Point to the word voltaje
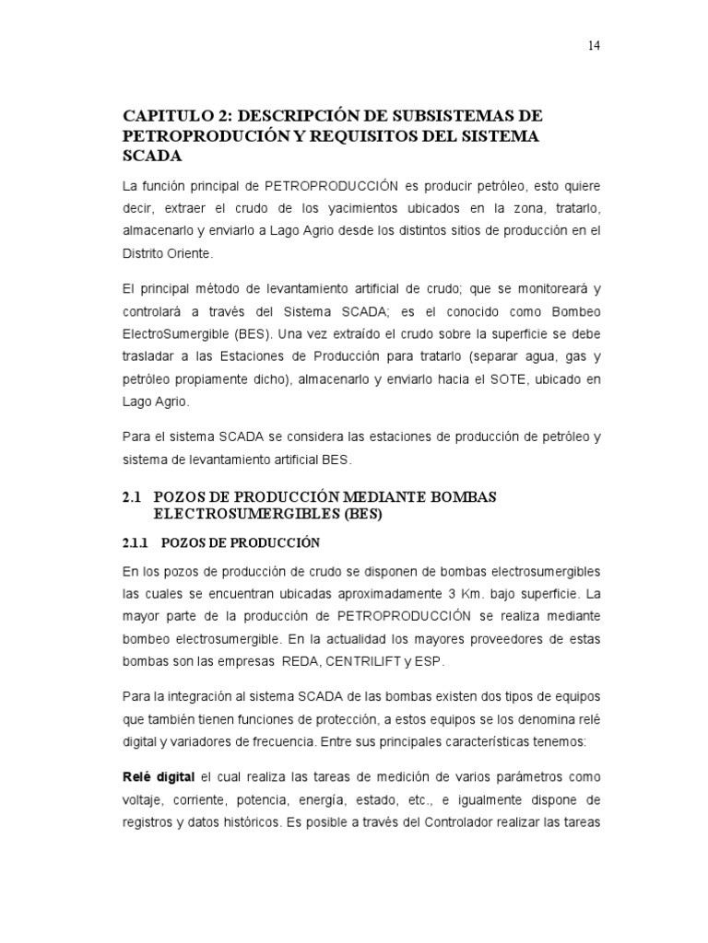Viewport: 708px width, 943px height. [144, 777]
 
